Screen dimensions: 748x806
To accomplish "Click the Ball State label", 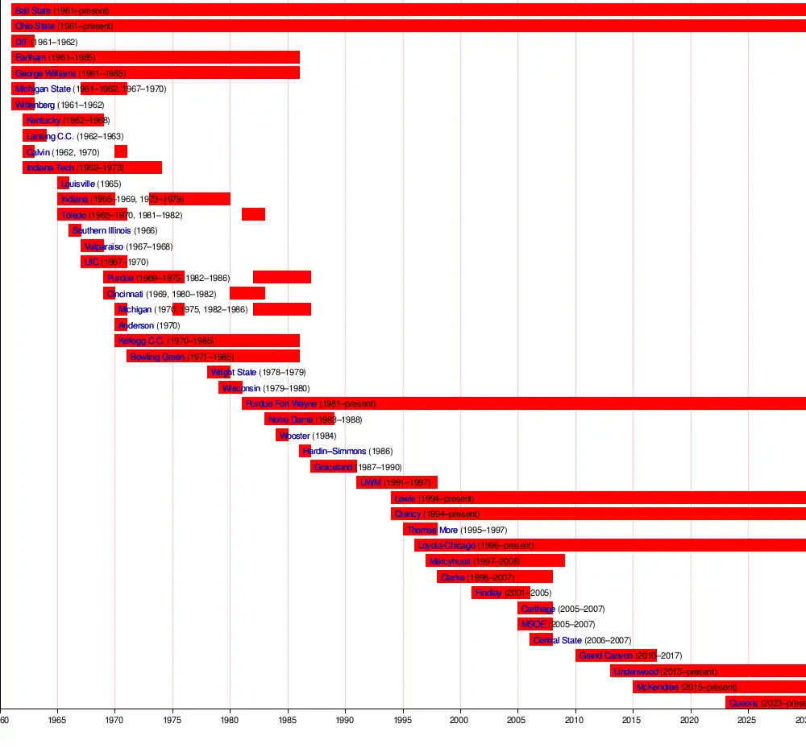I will [x=33, y=10].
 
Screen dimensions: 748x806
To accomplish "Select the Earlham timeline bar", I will [x=156, y=57].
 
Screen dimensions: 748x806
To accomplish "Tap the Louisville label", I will [x=78, y=184].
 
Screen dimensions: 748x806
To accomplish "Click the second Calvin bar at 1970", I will [x=121, y=151].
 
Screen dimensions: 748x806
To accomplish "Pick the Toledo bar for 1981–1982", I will [x=253, y=214].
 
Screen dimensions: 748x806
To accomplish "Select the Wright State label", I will [x=234, y=372].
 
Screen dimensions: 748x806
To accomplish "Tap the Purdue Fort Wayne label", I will [x=281, y=403].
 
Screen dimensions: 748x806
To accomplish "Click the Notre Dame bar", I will [x=299, y=419].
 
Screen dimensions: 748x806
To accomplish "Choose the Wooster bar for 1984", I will [x=281, y=435].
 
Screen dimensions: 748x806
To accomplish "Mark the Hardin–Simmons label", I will [x=334, y=451].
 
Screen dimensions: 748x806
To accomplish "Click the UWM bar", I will [x=397, y=482].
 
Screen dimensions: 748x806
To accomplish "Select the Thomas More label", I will [x=432, y=530].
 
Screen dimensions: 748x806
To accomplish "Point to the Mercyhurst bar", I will [x=495, y=560].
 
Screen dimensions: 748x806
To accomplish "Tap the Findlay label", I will [x=488, y=593].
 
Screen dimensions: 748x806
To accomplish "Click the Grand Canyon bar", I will [x=616, y=655].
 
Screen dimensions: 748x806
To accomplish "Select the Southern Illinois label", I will [x=102, y=230].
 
